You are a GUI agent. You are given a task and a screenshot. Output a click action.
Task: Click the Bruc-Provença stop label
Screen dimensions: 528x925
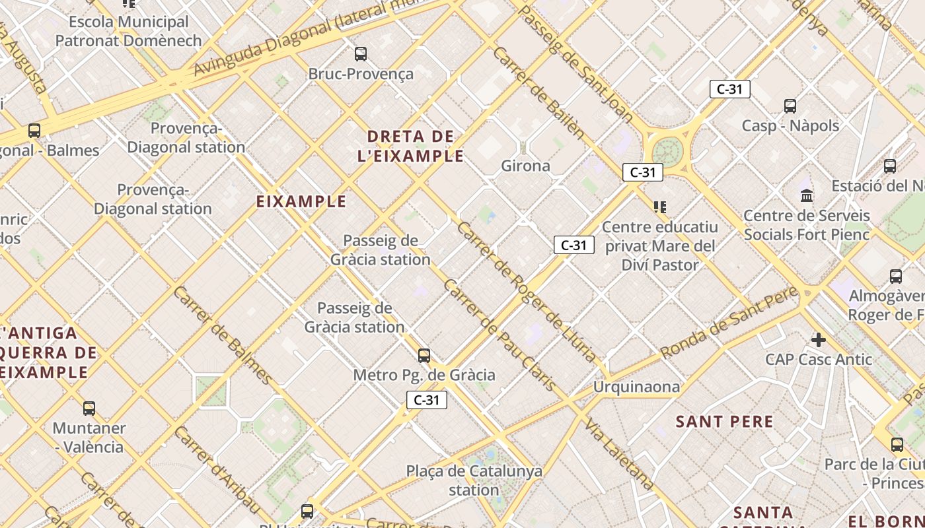pos(361,74)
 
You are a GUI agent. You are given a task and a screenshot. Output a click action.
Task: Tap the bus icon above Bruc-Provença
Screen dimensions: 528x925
pos(361,53)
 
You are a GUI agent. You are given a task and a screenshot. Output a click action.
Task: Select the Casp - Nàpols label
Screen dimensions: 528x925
pos(790,125)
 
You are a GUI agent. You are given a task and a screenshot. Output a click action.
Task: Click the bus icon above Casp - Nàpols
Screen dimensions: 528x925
pos(790,106)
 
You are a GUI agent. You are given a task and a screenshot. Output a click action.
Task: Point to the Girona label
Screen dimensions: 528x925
pos(526,166)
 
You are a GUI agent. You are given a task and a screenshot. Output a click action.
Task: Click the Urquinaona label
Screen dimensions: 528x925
pos(636,387)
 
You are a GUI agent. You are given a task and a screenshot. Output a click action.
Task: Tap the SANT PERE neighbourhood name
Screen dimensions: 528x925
pos(724,422)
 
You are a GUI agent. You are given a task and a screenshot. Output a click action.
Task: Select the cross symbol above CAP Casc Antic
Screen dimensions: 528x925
pos(819,340)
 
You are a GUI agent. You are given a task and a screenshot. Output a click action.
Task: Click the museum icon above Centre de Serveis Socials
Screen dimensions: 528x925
pos(807,196)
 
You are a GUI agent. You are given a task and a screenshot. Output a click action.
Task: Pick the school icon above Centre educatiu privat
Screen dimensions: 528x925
pos(659,207)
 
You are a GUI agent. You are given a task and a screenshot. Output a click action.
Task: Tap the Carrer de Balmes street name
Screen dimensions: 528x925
pos(223,335)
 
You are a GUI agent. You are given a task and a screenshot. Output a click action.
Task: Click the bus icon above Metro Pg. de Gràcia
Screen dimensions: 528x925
pos(424,356)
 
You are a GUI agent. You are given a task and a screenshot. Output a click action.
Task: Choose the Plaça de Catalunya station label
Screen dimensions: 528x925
pos(474,480)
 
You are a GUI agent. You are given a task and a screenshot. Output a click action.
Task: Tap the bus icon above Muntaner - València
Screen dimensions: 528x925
pos(89,409)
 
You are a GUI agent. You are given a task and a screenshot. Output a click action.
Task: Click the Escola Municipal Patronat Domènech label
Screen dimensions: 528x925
pos(128,31)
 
